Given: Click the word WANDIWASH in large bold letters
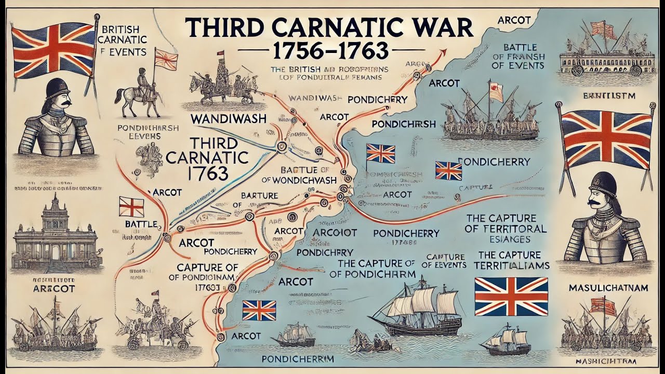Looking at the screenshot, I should pos(229,118).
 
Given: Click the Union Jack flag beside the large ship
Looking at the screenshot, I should pos(511,296).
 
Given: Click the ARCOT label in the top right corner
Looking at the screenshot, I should pos(514,20).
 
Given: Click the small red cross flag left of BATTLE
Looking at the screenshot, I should pos(131,206).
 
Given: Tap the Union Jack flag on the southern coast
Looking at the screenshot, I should pos(258,311).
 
